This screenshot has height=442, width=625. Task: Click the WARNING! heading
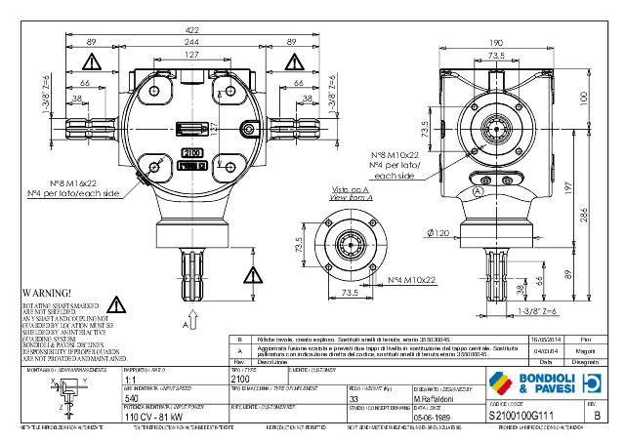tap(45, 292)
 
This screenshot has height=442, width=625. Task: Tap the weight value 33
tap(354, 399)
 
